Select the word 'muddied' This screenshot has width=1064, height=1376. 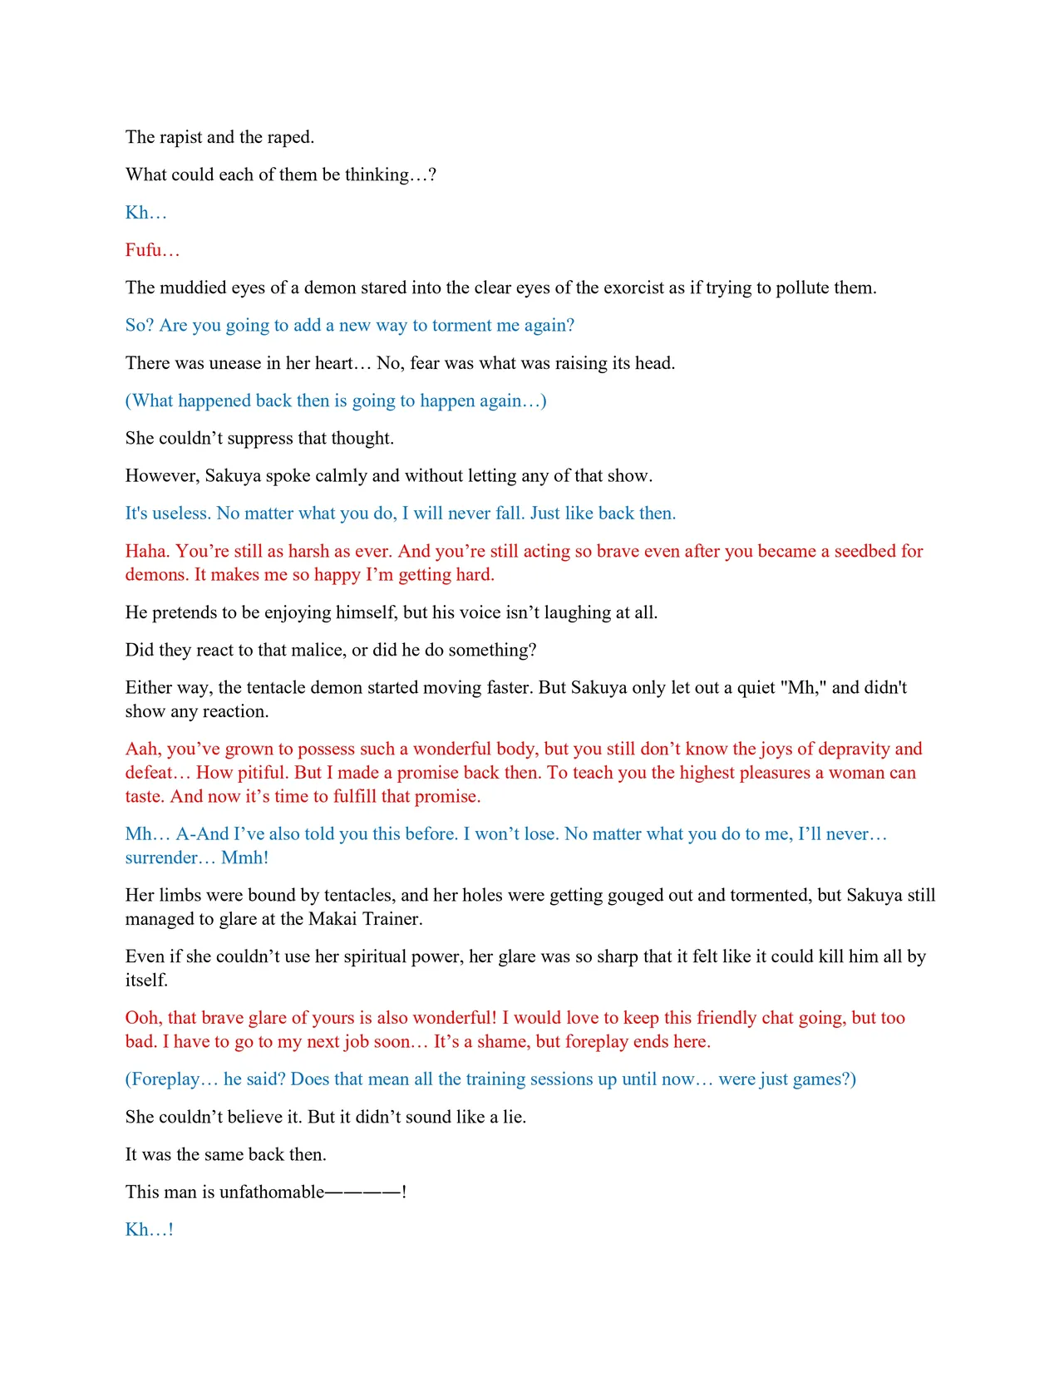[x=192, y=288]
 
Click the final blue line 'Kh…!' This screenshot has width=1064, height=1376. [x=150, y=1230]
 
